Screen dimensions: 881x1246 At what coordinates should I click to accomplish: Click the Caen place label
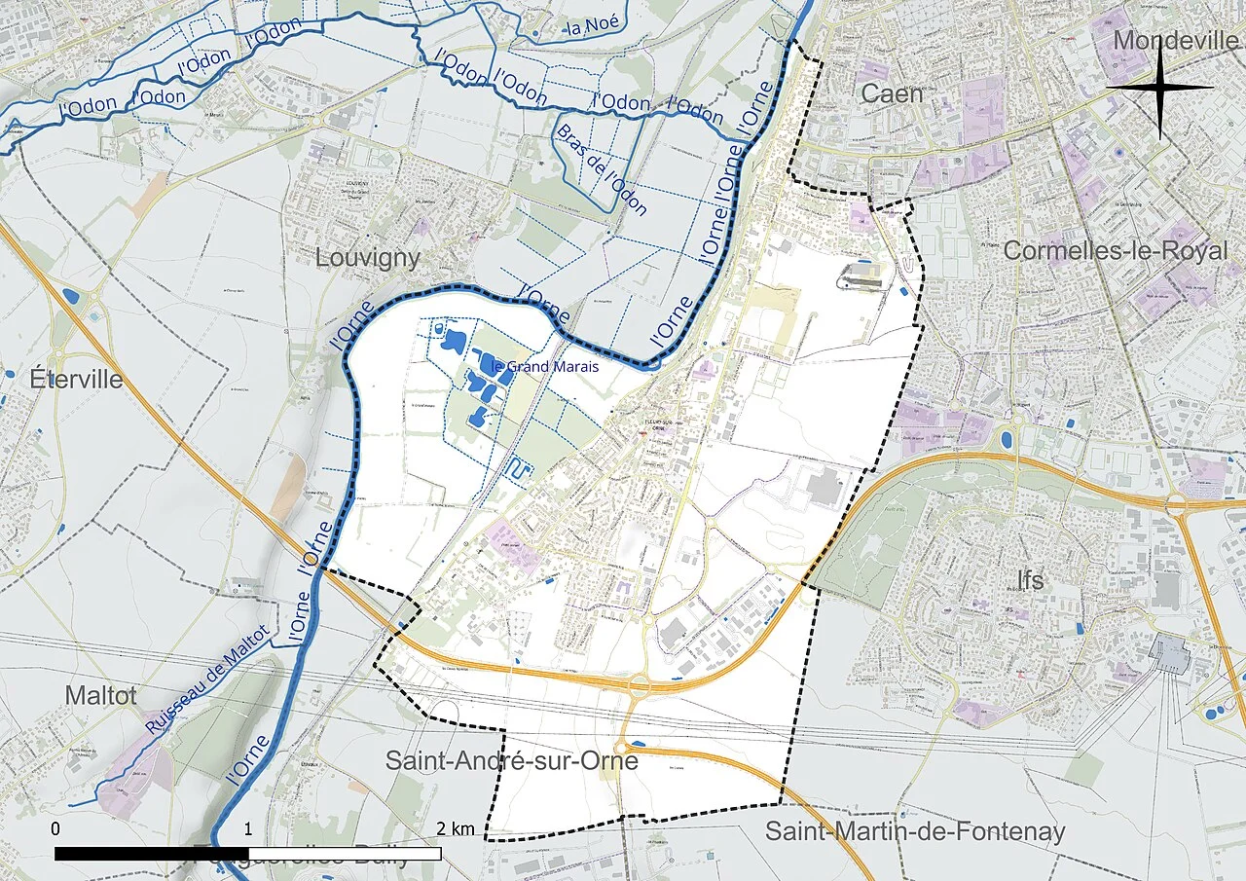point(892,93)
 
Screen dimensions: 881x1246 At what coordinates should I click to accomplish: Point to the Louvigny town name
point(368,258)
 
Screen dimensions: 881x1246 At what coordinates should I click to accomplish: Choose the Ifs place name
point(1030,580)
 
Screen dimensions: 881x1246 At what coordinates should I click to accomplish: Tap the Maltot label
point(100,695)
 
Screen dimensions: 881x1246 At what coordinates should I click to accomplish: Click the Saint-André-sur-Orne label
point(511,760)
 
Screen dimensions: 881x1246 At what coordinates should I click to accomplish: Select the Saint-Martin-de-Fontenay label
point(915,831)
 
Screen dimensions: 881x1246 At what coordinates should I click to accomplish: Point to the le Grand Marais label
point(545,367)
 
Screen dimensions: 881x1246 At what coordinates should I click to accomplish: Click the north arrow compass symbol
point(1159,88)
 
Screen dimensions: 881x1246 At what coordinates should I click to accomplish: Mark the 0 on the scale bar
point(55,828)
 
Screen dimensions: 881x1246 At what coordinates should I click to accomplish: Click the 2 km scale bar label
point(456,828)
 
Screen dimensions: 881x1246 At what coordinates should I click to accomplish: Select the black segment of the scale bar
point(151,854)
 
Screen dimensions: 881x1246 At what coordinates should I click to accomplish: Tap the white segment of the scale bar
point(345,854)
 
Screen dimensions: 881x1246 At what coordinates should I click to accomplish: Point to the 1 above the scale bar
point(248,828)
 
